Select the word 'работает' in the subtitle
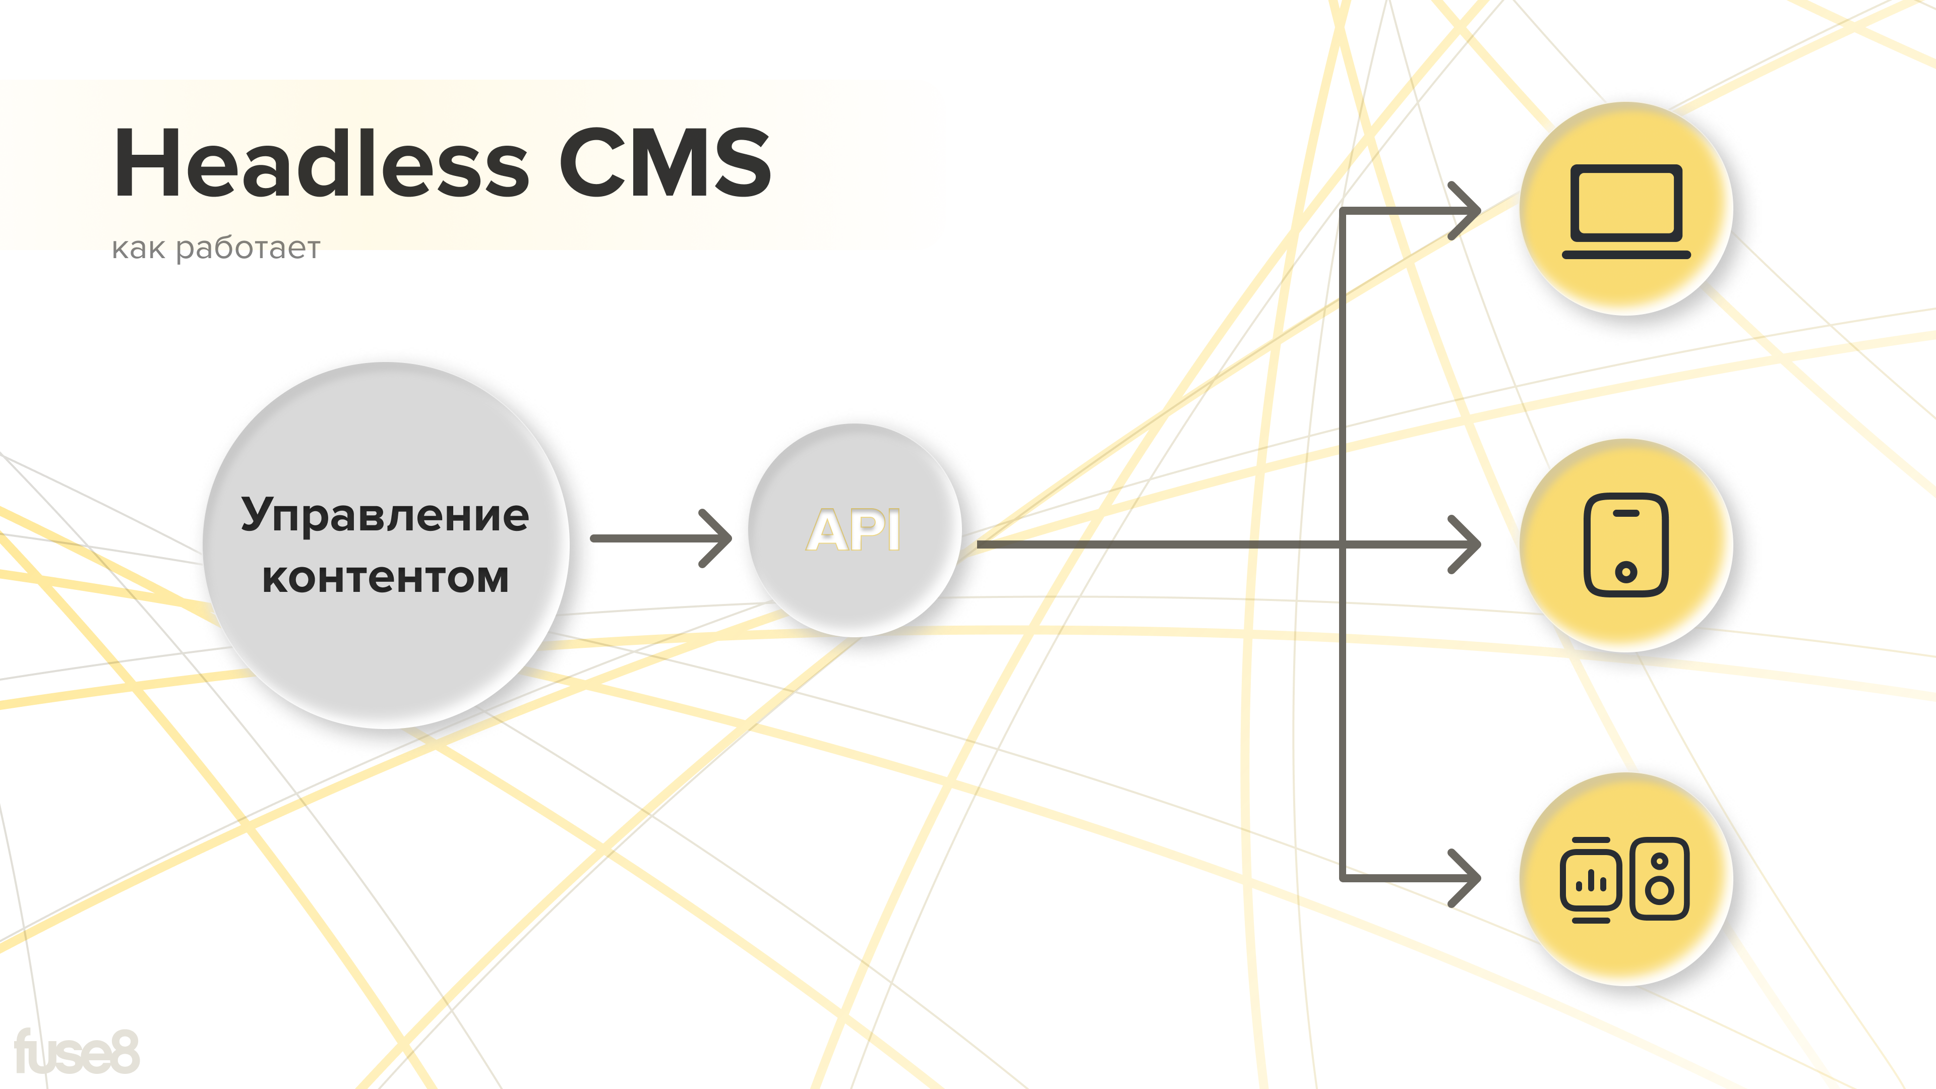click(248, 249)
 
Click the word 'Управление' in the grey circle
click(385, 516)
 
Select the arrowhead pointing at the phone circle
click(1466, 544)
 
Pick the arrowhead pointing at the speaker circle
click(1466, 878)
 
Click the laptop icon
click(1625, 210)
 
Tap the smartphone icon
click(1625, 544)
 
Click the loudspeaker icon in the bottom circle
click(1659, 878)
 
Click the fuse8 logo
click(77, 1052)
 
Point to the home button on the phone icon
click(1625, 572)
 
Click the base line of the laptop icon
click(1625, 255)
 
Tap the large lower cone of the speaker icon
click(1659, 890)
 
